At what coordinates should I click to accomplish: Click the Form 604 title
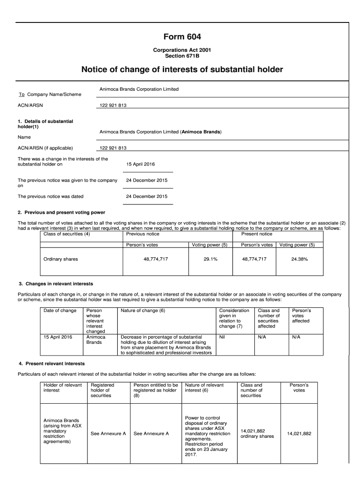(x=182, y=37)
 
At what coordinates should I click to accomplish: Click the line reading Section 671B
(x=182, y=56)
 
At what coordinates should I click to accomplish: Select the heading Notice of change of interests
(x=182, y=70)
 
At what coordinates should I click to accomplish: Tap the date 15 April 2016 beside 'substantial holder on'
(x=140, y=164)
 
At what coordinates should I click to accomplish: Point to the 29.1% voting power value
(x=210, y=259)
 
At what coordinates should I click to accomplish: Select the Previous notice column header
(x=143, y=234)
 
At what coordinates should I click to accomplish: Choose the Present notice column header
(x=256, y=234)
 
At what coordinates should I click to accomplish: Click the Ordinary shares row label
(x=61, y=259)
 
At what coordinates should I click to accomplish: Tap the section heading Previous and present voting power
(x=65, y=212)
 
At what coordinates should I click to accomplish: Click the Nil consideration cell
(x=222, y=337)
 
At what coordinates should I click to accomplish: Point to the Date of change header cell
(x=60, y=311)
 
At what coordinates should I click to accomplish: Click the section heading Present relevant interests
(x=55, y=363)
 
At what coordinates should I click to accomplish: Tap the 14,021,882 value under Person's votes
(x=299, y=434)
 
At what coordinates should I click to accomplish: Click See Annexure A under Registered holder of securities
(x=108, y=434)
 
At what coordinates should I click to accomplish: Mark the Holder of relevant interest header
(x=63, y=388)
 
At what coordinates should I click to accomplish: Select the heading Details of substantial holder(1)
(x=45, y=124)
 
